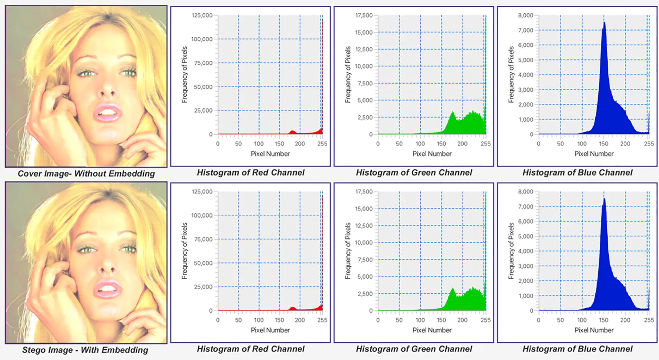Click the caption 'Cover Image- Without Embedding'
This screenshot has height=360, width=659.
(86, 173)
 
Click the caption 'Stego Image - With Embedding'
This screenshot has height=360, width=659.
(85, 350)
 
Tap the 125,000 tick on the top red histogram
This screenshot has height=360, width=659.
(202, 15)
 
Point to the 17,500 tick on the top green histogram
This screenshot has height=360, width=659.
(364, 15)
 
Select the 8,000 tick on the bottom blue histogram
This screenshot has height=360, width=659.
(525, 192)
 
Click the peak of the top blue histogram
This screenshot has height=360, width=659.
(604, 23)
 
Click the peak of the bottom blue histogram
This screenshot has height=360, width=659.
(604, 199)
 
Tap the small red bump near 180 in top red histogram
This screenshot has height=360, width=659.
(292, 132)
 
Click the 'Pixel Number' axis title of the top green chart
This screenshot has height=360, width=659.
(432, 154)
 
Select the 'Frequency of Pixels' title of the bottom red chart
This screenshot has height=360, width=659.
(185, 251)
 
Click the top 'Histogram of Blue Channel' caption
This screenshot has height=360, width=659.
(577, 172)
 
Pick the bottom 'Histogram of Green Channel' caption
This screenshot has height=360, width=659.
(414, 349)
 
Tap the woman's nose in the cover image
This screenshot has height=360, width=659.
(108, 91)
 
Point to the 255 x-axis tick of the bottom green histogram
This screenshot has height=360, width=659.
(486, 320)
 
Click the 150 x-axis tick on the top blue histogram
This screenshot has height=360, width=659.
(604, 144)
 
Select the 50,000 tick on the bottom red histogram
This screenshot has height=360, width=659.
(203, 263)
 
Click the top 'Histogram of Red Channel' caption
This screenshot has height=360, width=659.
(250, 172)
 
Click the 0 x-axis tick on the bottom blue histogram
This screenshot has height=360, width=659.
(539, 320)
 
